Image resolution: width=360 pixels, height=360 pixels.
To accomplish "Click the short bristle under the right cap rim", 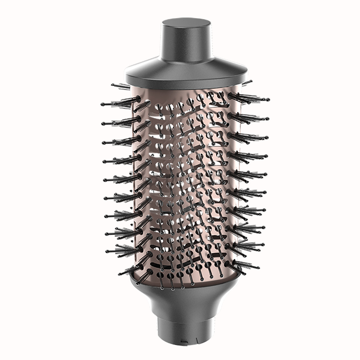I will pyautogui.click(x=248, y=82).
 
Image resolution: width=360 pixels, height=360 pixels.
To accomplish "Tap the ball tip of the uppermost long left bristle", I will pyautogui.click(x=102, y=104).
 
